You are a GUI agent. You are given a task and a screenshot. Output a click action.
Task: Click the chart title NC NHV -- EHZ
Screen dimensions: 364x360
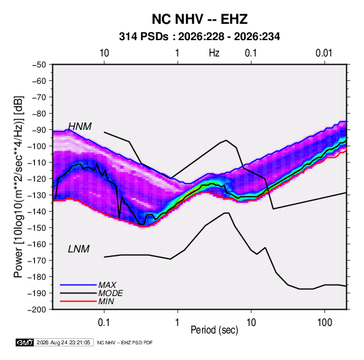click(199, 19)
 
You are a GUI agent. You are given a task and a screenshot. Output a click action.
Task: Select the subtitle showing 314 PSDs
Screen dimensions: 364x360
click(199, 37)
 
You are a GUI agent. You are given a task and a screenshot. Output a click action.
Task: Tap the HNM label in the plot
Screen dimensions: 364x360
click(80, 127)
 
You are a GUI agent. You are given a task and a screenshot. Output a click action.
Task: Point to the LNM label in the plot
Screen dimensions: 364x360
click(79, 249)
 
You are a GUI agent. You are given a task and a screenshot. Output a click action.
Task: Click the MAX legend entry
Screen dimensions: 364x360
click(107, 285)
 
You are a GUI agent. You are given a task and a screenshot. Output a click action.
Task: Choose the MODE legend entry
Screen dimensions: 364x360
click(110, 293)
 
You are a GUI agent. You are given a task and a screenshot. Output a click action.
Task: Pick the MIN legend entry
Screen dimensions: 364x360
click(106, 301)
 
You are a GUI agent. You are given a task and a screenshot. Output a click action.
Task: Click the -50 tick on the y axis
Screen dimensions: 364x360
click(39, 65)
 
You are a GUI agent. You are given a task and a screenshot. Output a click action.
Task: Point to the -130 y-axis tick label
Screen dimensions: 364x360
click(37, 195)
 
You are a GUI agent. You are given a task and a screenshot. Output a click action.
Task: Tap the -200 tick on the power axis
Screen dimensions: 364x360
click(37, 310)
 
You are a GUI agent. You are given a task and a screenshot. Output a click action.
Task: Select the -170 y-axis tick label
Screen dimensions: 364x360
click(37, 261)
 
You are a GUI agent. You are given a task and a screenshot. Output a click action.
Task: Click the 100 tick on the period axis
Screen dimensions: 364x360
click(325, 323)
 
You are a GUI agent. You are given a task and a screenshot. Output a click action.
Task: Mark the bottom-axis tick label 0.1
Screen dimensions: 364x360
click(104, 323)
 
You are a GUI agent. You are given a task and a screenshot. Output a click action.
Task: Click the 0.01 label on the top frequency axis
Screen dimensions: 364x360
click(324, 53)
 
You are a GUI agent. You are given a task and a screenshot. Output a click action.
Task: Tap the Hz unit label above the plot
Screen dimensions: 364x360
click(214, 53)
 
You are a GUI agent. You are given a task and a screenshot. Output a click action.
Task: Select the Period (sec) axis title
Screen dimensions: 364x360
click(214, 330)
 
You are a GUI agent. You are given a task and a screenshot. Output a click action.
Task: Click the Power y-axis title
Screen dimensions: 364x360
click(18, 186)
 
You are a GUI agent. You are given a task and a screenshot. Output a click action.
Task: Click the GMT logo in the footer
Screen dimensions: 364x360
click(25, 342)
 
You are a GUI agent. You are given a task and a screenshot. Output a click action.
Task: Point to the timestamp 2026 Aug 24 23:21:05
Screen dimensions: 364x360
click(63, 342)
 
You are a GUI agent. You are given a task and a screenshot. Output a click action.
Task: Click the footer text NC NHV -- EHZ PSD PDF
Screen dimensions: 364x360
click(125, 342)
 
